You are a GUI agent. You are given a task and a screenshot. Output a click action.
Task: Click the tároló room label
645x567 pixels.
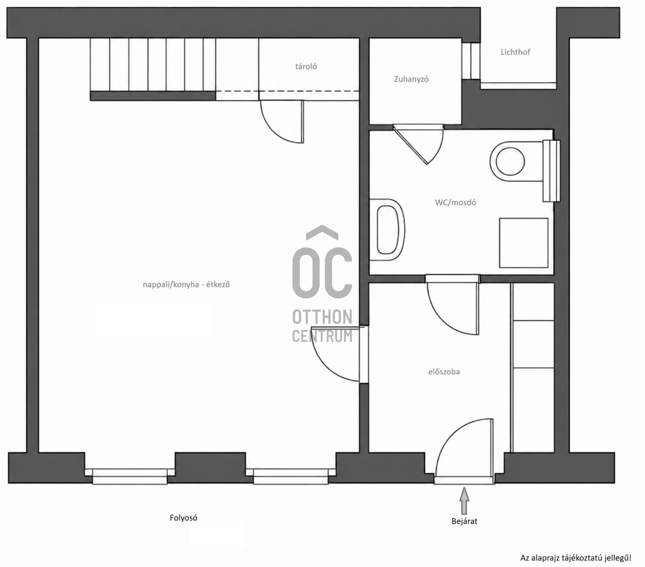point(306,67)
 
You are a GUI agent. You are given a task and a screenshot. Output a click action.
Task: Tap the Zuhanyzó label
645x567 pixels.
point(411,79)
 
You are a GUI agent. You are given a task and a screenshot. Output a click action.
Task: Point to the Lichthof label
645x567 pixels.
point(515,52)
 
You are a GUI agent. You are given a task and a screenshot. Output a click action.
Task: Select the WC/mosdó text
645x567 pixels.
point(455,202)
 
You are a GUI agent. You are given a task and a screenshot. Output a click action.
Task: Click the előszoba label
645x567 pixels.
point(444,372)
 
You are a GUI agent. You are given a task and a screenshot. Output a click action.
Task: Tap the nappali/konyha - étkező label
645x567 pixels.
point(186,284)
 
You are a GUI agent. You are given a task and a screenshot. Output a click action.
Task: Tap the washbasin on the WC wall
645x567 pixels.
point(387,229)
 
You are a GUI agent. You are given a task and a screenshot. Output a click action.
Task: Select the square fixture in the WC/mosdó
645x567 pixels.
point(524,243)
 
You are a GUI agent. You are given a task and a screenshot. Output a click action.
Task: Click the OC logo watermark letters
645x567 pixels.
point(322,262)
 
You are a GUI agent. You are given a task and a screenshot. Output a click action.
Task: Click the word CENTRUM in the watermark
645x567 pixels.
point(322,336)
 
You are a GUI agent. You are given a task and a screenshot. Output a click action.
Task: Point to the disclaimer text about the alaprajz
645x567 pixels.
point(576,558)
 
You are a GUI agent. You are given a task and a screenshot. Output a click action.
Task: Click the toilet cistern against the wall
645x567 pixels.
point(552,171)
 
